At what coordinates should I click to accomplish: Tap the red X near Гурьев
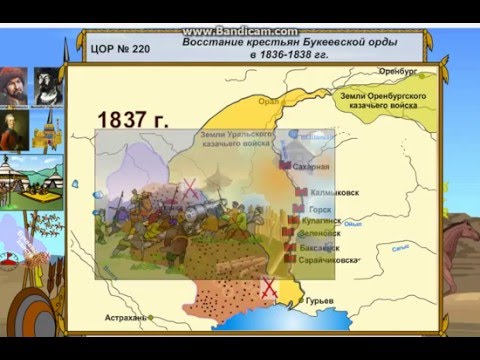(x=268, y=288)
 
